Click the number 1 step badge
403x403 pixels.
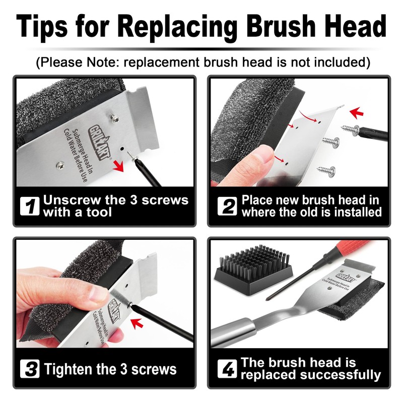tap(31, 206)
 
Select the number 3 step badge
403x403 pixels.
tap(31, 369)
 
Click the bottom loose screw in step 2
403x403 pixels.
tap(325, 171)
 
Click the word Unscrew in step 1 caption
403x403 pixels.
tap(76, 199)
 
